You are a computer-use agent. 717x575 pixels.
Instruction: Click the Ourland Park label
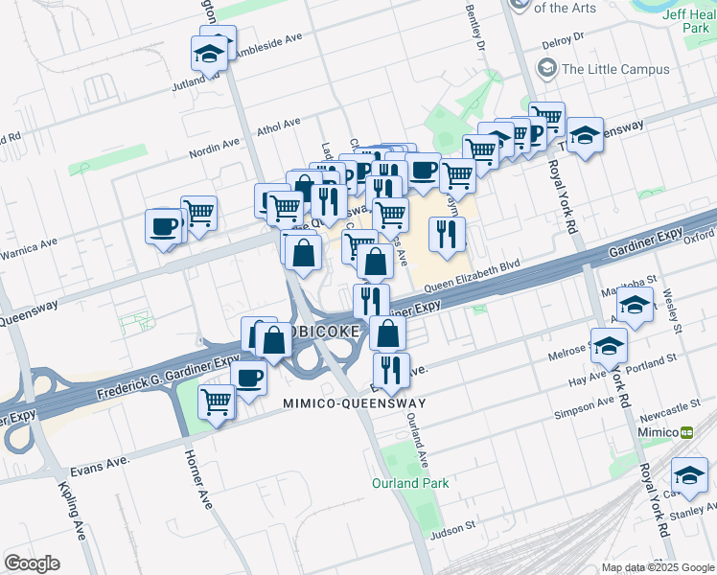[410, 483]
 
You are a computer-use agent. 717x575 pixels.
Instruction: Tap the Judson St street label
[454, 527]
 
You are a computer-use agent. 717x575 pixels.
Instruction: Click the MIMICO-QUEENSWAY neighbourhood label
[354, 403]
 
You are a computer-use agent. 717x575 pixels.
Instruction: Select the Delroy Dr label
[563, 41]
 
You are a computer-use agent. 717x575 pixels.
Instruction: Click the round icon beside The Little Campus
[547, 68]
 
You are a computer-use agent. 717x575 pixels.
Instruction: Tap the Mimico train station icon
[687, 432]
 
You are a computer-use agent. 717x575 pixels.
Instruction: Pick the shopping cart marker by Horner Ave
[218, 401]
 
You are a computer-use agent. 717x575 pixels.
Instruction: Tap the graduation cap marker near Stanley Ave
[689, 474]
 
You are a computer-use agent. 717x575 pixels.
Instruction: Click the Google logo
[32, 563]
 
